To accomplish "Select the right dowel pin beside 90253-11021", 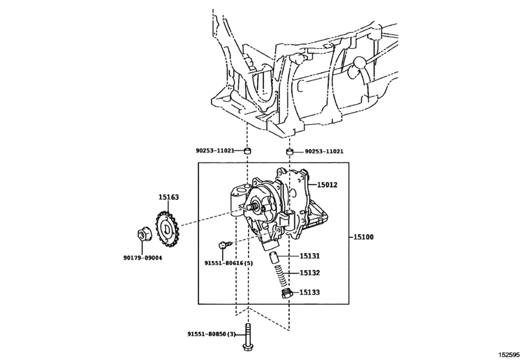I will pos(290,152).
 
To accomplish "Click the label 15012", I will pos(326,184).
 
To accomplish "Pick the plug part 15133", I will pos(287,294).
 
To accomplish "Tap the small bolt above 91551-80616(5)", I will pos(224,245).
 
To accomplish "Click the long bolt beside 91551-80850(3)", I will pos(249,337).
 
